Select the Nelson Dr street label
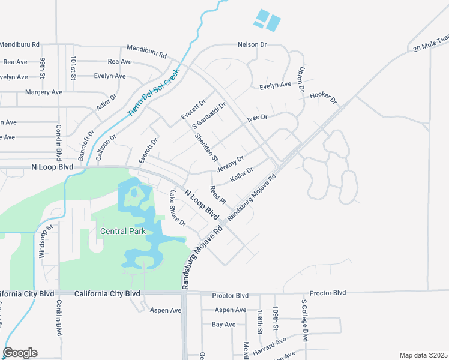point(252,44)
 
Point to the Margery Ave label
point(44,92)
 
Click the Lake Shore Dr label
point(178,208)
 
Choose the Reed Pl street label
point(218,194)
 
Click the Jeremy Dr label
point(230,163)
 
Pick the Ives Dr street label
point(257,118)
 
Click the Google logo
point(20,353)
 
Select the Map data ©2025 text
point(424,355)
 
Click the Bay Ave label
point(224,325)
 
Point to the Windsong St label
point(43,242)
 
